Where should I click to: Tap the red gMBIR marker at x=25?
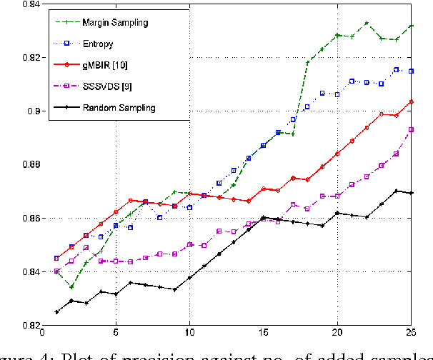tap(410, 101)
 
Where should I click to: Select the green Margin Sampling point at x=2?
tap(71, 286)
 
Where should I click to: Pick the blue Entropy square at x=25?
tap(410, 71)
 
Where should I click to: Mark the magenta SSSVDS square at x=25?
tap(410, 129)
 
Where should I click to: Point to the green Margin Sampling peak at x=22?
tap(366, 23)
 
